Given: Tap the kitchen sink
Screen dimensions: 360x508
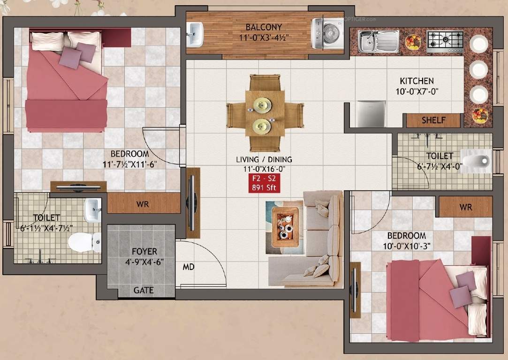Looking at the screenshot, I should [x=378, y=41].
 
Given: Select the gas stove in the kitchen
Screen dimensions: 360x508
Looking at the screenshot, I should [x=445, y=41].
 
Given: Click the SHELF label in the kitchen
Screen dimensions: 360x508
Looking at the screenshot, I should [x=433, y=120].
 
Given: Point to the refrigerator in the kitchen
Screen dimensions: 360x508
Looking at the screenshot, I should [x=370, y=114].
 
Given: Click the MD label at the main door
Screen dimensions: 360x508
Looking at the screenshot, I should [x=189, y=267].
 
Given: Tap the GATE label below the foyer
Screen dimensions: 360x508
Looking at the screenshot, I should [x=144, y=290].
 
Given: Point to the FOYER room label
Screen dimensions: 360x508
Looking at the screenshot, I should [x=144, y=252].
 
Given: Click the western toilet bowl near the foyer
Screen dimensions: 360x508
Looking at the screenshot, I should [x=83, y=242].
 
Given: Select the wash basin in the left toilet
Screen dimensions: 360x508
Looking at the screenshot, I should [x=92, y=210].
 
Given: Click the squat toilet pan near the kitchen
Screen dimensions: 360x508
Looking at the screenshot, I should [x=474, y=160].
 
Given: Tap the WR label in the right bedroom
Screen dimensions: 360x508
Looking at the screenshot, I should [x=465, y=207].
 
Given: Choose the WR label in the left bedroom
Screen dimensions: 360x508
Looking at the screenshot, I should [x=143, y=204].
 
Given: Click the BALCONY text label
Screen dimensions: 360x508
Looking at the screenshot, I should [x=264, y=27].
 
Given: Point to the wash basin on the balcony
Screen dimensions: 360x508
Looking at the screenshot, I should [x=195, y=34].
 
